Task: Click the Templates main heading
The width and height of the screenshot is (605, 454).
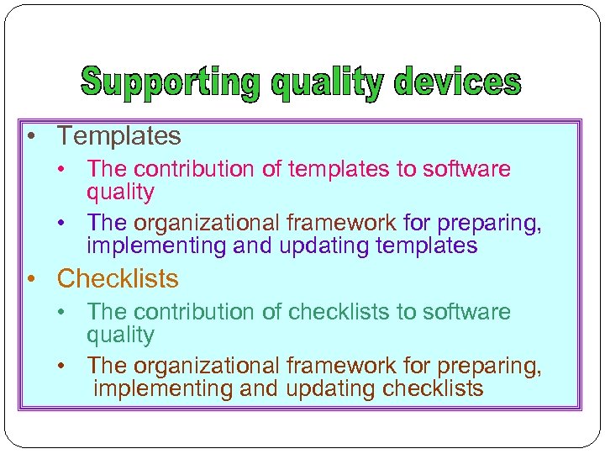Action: coord(118,135)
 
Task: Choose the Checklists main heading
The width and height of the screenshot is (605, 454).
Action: coord(118,278)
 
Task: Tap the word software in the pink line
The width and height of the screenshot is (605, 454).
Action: coord(466,169)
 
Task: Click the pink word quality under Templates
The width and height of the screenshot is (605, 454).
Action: coord(120,193)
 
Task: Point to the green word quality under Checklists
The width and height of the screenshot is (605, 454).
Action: coord(120,335)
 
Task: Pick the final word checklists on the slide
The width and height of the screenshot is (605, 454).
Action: coord(433,388)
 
